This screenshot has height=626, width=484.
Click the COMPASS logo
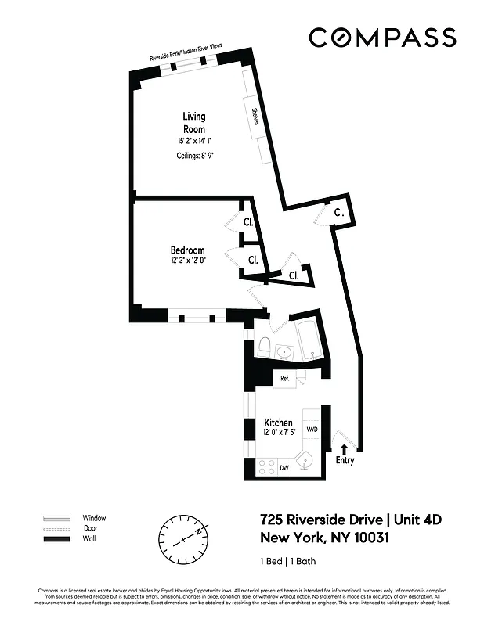(x=382, y=38)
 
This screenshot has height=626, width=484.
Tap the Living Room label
(x=194, y=123)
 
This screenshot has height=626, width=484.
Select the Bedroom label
(x=188, y=250)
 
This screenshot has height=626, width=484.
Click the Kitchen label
(x=278, y=423)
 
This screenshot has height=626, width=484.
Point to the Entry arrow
(x=344, y=448)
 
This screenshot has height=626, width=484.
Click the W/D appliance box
(x=312, y=430)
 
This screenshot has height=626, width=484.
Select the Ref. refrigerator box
(x=285, y=379)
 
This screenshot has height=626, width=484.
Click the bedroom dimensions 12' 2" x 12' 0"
(x=188, y=261)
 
